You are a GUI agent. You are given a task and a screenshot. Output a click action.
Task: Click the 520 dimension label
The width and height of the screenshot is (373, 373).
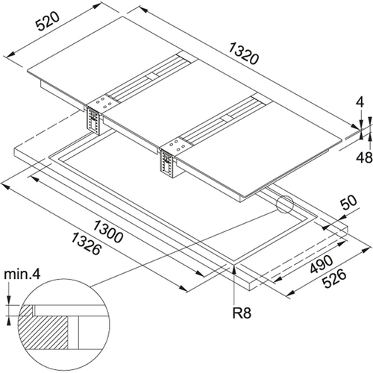48,22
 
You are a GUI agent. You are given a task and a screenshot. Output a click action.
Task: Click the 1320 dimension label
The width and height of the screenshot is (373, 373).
244,54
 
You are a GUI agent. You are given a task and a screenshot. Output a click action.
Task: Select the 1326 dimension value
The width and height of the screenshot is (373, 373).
87,244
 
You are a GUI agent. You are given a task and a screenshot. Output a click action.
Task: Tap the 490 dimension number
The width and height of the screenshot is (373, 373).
322,264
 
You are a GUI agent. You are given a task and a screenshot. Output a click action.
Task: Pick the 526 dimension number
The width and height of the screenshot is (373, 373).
334,279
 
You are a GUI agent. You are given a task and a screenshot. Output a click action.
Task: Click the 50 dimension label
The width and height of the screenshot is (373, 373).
348,204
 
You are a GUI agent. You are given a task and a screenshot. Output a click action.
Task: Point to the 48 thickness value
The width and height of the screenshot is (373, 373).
365,157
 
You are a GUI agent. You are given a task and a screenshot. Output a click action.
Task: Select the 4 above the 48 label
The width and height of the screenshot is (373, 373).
360,102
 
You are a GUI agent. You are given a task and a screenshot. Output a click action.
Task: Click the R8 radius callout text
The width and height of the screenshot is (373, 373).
242,313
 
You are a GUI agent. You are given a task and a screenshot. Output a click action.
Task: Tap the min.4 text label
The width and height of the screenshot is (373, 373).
22,275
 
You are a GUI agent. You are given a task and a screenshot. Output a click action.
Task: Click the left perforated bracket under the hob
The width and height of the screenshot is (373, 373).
93,121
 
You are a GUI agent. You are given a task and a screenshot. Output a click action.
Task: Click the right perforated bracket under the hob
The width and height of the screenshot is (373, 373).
166,163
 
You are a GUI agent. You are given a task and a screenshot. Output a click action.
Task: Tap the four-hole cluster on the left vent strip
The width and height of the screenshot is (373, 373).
102,103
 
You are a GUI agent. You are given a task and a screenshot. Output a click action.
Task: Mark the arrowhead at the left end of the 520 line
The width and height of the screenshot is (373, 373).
10,55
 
